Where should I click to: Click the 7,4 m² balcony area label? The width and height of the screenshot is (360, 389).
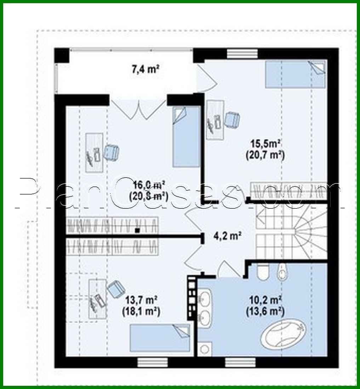(145, 69)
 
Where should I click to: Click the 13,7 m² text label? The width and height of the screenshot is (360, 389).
(142, 300)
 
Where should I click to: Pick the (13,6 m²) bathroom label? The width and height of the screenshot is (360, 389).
(265, 311)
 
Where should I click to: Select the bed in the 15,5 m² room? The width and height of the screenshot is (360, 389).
(295, 74)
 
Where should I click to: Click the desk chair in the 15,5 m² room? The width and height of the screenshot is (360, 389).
(233, 119)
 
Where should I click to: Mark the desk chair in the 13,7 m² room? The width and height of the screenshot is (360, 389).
(115, 288)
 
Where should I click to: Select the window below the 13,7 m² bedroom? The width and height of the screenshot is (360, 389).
(147, 362)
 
